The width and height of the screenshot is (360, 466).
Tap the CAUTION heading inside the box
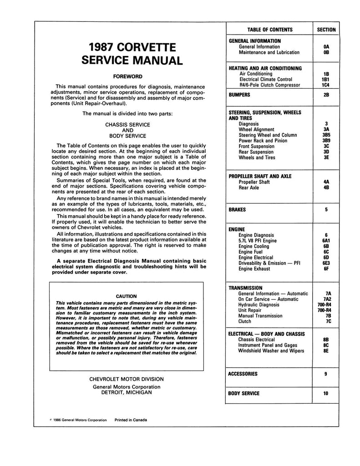tap(127, 296)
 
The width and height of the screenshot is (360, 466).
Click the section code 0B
tap(325, 53)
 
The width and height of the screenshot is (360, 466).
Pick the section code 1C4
tap(325, 85)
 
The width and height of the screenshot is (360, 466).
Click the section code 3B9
tap(325, 141)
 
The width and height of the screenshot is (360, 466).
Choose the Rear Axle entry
tap(249, 187)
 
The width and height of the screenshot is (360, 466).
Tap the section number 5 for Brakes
tap(325, 210)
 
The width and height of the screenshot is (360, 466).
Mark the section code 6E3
tap(325, 263)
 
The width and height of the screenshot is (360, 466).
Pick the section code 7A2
tap(325, 299)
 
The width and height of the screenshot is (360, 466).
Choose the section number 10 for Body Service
tap(325, 393)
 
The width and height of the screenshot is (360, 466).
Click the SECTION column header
tap(325, 30)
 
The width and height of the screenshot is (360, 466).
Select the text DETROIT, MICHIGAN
tap(127, 392)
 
